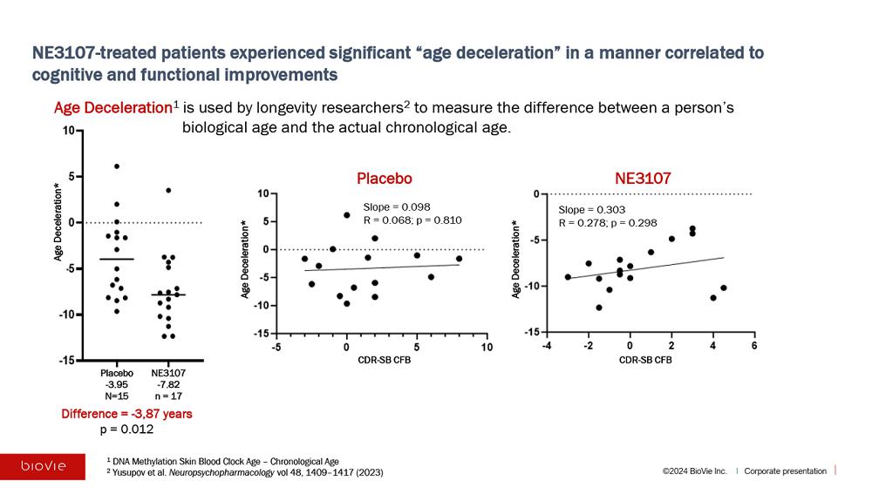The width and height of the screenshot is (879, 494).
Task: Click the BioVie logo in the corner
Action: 43,466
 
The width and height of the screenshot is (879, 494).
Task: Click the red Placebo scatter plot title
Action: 384,179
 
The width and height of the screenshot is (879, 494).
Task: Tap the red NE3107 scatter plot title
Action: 643,179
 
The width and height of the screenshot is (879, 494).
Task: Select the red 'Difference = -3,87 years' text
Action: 126,414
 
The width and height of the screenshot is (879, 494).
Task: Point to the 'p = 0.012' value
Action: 126,429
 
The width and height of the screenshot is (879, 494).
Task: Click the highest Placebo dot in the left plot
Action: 117,166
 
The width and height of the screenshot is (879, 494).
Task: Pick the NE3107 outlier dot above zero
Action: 168,190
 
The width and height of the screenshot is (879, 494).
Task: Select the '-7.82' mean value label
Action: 168,383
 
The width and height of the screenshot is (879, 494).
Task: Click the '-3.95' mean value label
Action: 117,383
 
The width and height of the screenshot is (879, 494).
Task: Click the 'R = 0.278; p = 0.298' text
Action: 607,223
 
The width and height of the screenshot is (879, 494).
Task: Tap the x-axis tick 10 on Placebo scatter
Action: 487,348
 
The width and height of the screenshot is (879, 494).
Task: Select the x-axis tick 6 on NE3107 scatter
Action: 753,347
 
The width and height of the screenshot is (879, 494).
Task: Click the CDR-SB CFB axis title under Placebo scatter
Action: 381,360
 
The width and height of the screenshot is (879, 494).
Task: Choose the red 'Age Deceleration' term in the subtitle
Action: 112,108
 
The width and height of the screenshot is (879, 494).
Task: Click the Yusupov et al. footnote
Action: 244,472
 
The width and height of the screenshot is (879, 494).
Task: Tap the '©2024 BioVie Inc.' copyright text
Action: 694,471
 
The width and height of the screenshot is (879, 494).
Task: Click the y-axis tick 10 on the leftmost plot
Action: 68,131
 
